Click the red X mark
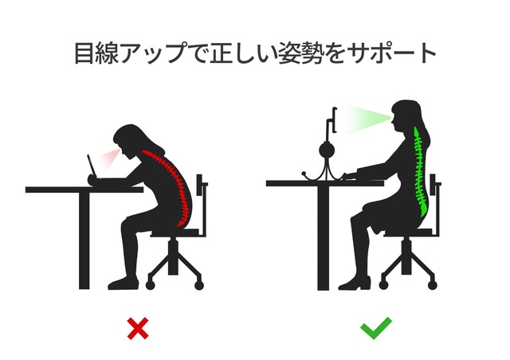[x=138, y=328]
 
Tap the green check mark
[x=376, y=328]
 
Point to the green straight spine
[x=420, y=172]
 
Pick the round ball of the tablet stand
[x=327, y=151]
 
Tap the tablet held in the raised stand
[x=335, y=119]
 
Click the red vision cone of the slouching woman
[x=109, y=158]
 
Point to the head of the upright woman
[x=406, y=116]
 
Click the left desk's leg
[x=84, y=241]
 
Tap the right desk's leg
[x=324, y=238]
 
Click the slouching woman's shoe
[x=124, y=284]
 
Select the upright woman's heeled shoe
[x=355, y=284]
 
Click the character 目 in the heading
[x=84, y=53]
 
